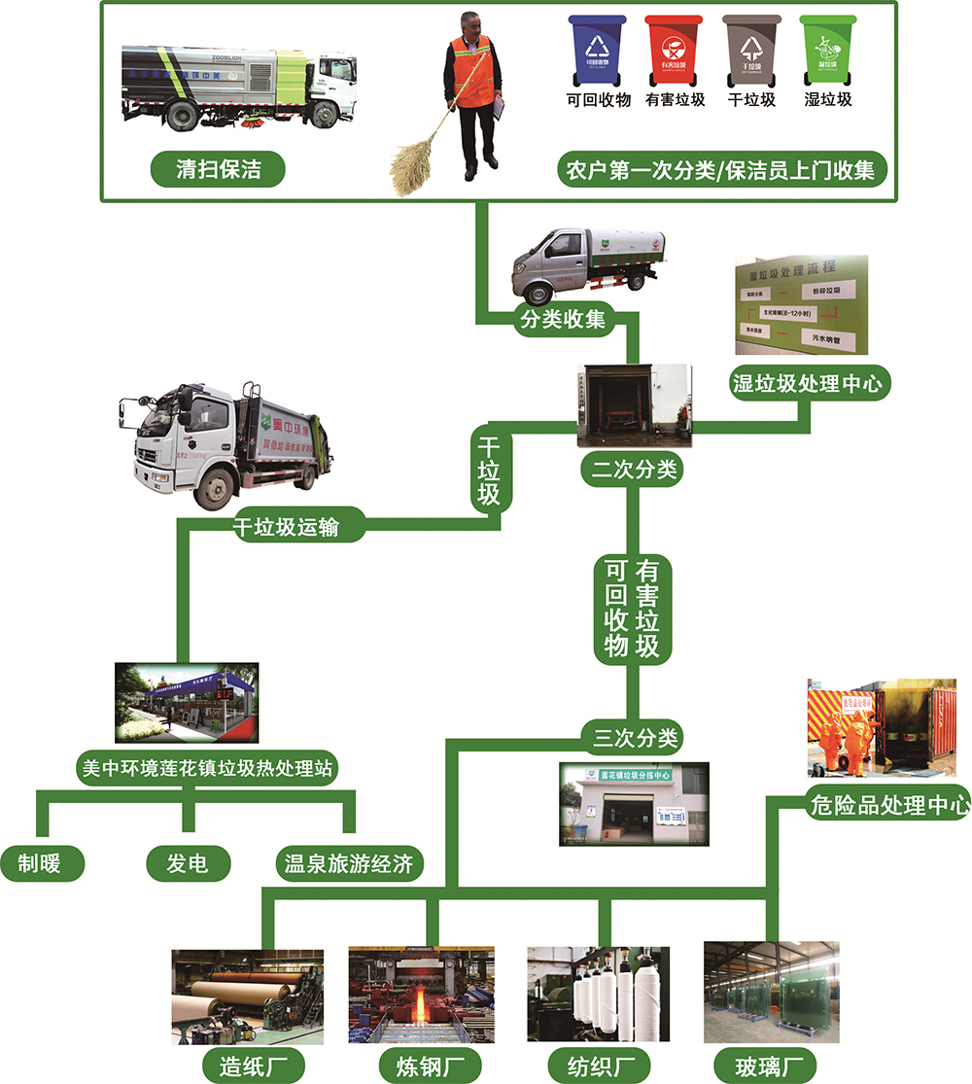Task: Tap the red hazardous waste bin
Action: [x=672, y=52]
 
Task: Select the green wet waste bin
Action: [x=826, y=52]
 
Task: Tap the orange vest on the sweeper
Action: [x=473, y=73]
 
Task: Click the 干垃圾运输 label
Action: [x=286, y=526]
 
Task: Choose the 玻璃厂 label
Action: [x=763, y=1063]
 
